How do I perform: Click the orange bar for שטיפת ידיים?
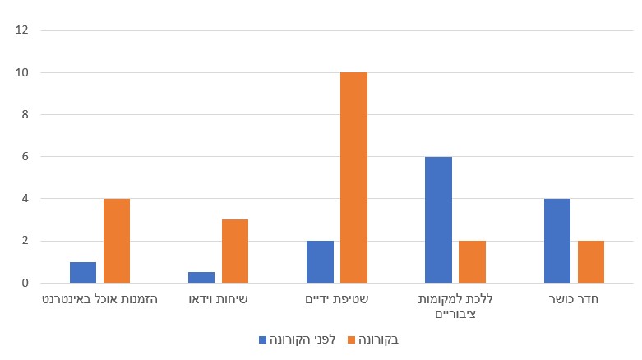pos(353,178)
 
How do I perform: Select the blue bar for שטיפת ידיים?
pos(320,261)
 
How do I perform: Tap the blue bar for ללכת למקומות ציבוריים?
pos(438,219)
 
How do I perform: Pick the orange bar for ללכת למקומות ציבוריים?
pos(472,261)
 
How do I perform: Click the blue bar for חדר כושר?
pos(557,241)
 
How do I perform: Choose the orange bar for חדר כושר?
pos(590,261)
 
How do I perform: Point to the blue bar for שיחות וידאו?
pos(201,277)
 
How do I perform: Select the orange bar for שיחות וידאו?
pos(235,251)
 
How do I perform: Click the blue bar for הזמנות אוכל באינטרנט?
pos(83,272)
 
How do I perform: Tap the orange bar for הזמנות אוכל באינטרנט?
pos(117,241)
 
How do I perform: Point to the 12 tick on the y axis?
pos(22,30)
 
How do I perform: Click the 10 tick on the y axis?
pos(22,72)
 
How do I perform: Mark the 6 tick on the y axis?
pos(24,157)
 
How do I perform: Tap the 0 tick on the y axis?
pos(24,283)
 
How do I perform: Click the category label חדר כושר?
pos(573,300)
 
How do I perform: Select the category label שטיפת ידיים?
pos(336,300)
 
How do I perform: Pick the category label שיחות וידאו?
pos(218,300)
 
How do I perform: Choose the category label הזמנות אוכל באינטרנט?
pos(99,300)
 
